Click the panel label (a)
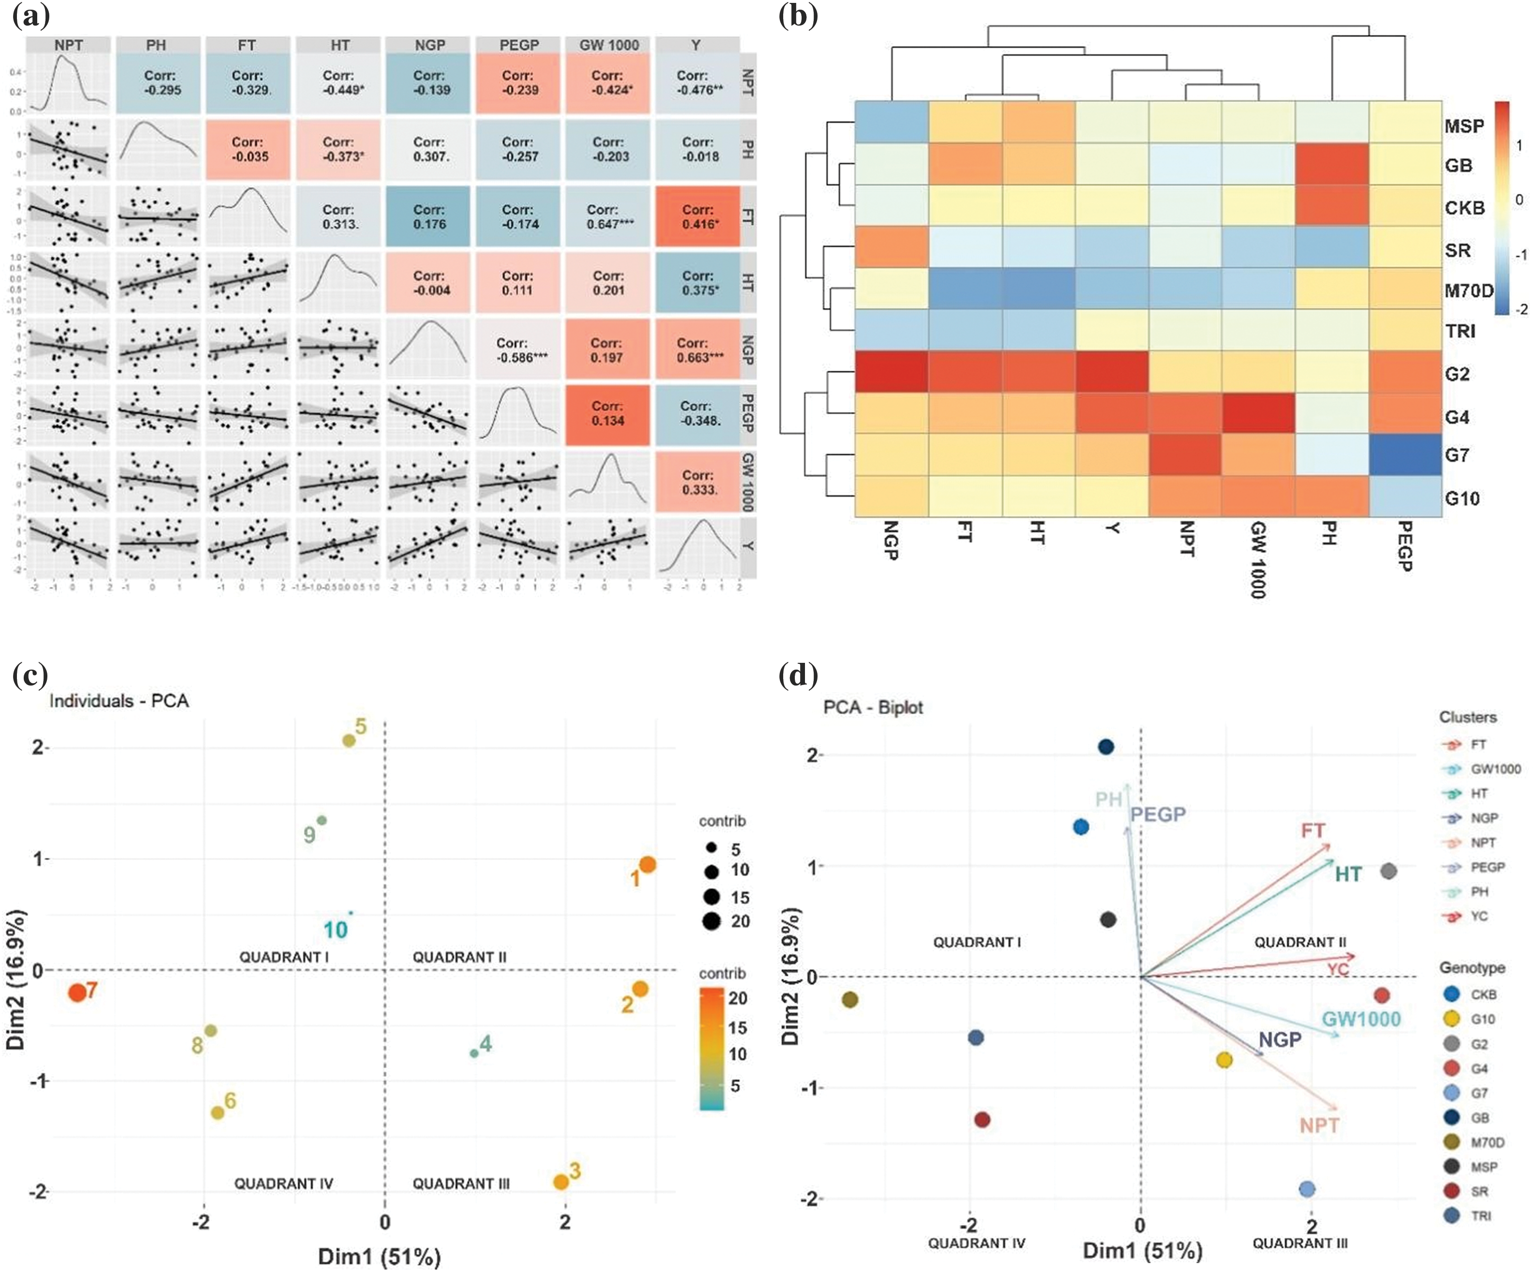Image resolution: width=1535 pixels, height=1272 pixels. [x=31, y=16]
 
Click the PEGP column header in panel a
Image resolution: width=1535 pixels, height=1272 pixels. [x=519, y=45]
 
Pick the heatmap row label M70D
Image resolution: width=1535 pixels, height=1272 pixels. [x=1468, y=291]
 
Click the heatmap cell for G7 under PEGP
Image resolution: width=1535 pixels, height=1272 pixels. [x=1405, y=455]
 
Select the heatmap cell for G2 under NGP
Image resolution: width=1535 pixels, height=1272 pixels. [x=892, y=374]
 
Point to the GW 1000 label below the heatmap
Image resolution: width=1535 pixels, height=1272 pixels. [x=1259, y=559]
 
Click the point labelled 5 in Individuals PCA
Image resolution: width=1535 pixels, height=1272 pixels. [x=350, y=741]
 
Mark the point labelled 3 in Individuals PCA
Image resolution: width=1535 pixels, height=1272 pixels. [x=561, y=1182]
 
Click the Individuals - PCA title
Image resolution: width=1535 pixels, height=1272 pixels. [x=118, y=701]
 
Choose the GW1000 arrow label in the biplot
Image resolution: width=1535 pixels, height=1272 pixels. [x=1361, y=1019]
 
